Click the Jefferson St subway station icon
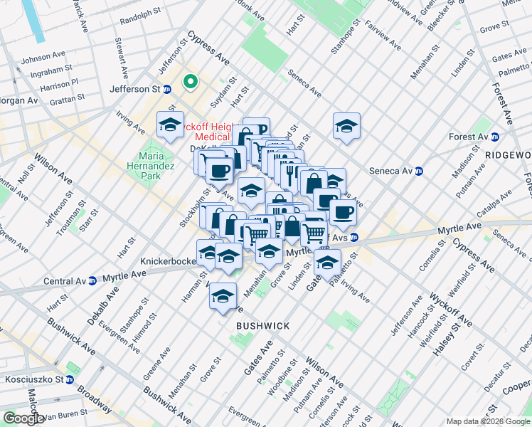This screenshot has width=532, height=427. click(x=167, y=89)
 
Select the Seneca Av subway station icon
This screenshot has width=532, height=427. click(x=419, y=171)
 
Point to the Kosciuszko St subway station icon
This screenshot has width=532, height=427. click(x=69, y=379)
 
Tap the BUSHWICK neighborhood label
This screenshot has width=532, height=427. click(x=263, y=326)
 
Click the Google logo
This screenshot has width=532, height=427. click(x=23, y=418)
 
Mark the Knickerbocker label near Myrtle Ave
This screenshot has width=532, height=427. click(x=168, y=261)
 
